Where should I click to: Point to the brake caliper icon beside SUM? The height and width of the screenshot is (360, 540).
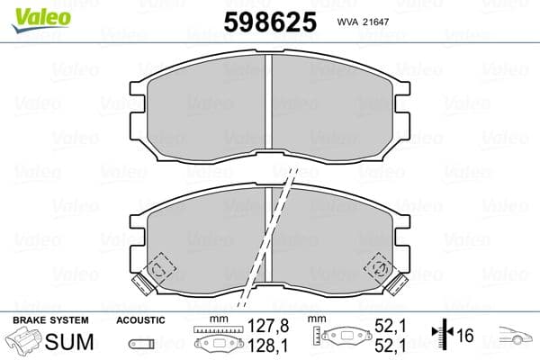click(x=23, y=342)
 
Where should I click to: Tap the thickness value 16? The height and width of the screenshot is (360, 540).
click(x=465, y=336)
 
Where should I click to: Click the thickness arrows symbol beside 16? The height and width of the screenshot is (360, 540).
click(x=441, y=335)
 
